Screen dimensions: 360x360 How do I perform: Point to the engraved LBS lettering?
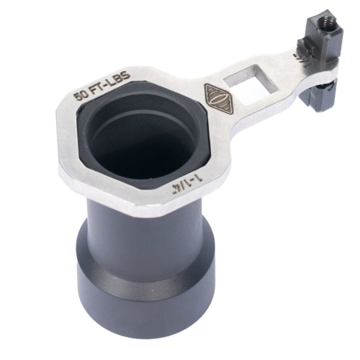coord(121,78)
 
